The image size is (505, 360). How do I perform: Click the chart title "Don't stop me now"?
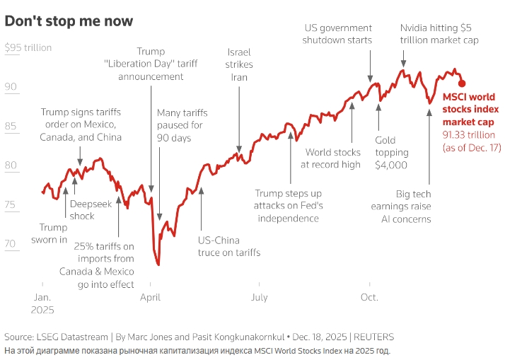click(x=69, y=21)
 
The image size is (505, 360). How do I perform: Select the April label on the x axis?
click(x=150, y=298)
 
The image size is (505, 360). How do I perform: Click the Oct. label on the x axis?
click(x=369, y=298)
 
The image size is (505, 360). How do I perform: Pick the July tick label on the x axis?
click(x=258, y=298)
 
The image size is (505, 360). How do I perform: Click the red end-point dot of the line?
click(x=462, y=83)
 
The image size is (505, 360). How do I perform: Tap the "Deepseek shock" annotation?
click(x=82, y=210)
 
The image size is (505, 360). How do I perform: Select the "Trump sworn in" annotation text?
click(x=53, y=233)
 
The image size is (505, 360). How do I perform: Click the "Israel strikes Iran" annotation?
click(x=239, y=64)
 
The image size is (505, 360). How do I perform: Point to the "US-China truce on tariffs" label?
click(x=228, y=246)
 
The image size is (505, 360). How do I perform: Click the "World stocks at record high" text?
click(x=332, y=158)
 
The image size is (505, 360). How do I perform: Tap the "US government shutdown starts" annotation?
click(x=337, y=34)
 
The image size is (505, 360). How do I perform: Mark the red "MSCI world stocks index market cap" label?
click(x=470, y=110)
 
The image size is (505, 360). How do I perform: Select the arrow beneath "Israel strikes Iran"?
click(x=239, y=120)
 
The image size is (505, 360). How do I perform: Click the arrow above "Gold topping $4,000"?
click(x=378, y=117)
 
